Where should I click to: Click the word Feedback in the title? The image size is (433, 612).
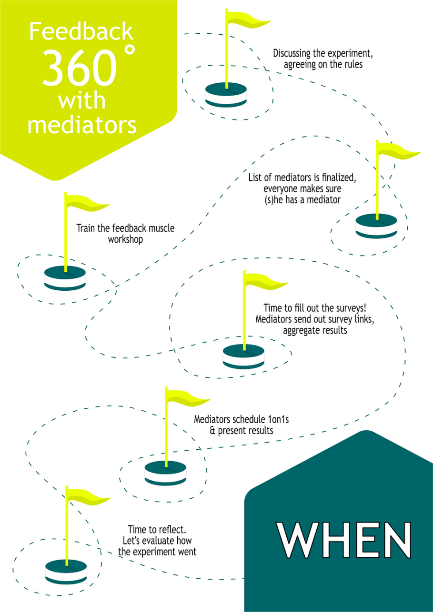coord(81,31)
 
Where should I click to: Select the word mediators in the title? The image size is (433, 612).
coord(82,124)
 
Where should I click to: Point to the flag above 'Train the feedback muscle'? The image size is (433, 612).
coord(86,202)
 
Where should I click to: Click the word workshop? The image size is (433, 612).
coord(125,239)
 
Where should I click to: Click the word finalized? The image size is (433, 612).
coord(337,178)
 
